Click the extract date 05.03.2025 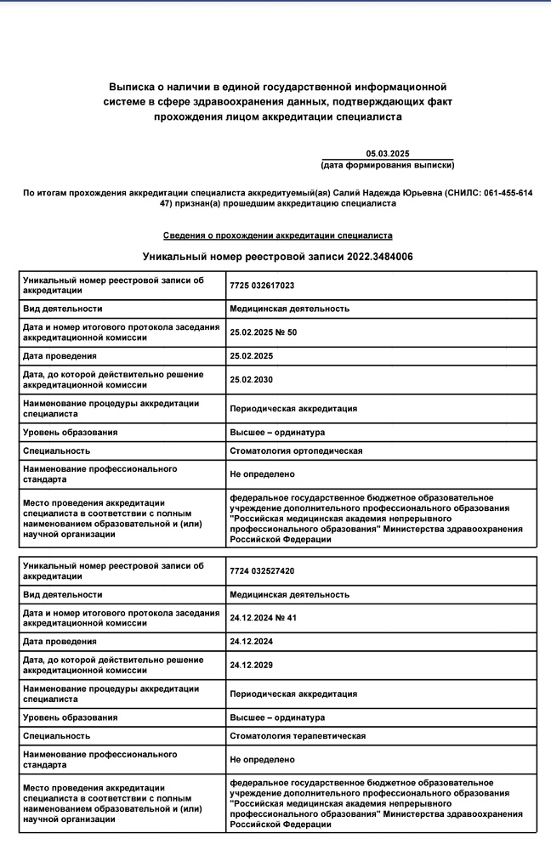pos(388,153)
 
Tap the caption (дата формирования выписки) pos(388,164)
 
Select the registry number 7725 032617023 pos(262,285)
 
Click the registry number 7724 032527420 pos(262,570)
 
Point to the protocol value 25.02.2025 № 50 pos(263,331)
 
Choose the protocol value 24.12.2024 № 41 pos(262,617)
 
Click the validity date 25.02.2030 pos(252,379)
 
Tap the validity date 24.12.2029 pos(252,665)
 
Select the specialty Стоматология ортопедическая pos(296,450)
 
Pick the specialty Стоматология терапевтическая pos(298,735)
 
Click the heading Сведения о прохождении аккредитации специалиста pos(277,235)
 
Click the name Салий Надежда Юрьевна pos(387,193)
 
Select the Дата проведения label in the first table pos(60,355)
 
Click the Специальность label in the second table pos(56,735)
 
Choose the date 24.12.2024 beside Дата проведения pos(252,641)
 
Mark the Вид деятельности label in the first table pos(62,309)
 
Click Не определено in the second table pos(262,759)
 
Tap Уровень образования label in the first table pos(71,432)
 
